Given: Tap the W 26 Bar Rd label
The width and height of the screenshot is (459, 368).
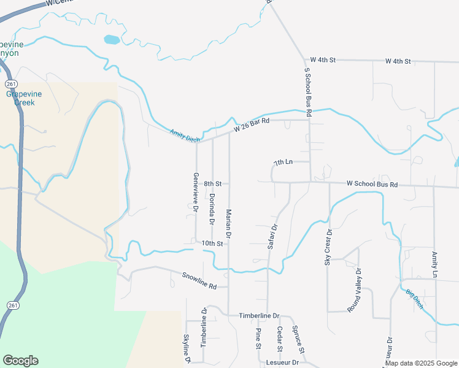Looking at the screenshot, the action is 252,126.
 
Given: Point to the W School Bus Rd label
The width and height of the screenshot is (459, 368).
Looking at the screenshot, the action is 372,183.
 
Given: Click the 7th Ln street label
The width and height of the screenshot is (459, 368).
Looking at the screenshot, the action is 283,163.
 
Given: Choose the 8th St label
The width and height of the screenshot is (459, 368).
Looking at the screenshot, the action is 212,183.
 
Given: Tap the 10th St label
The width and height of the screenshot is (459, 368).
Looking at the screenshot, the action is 212,243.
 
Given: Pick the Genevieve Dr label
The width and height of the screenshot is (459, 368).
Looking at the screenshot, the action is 196,193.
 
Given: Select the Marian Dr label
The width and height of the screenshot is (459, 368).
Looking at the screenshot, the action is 228,223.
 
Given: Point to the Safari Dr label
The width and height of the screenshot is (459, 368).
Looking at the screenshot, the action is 273,236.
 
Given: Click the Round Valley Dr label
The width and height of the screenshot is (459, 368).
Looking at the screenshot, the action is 355,290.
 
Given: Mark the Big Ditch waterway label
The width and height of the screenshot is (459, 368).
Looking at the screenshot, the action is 415,299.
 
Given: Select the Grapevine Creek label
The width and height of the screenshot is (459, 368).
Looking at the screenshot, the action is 21,98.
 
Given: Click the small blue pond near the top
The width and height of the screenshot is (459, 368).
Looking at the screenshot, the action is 112,40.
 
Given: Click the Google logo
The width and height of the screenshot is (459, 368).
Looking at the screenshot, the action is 20,361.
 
